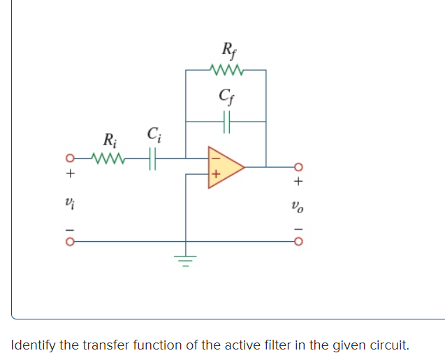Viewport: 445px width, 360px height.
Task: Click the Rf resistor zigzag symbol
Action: tap(225, 70)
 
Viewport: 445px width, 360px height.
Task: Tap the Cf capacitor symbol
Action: tap(226, 121)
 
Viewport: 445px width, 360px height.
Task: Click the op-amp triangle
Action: tap(223, 168)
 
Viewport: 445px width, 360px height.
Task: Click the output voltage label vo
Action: tap(298, 206)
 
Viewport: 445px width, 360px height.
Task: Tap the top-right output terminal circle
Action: tap(298, 167)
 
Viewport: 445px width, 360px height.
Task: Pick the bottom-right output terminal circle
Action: tap(298, 243)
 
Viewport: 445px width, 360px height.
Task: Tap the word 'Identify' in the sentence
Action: tap(35, 345)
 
